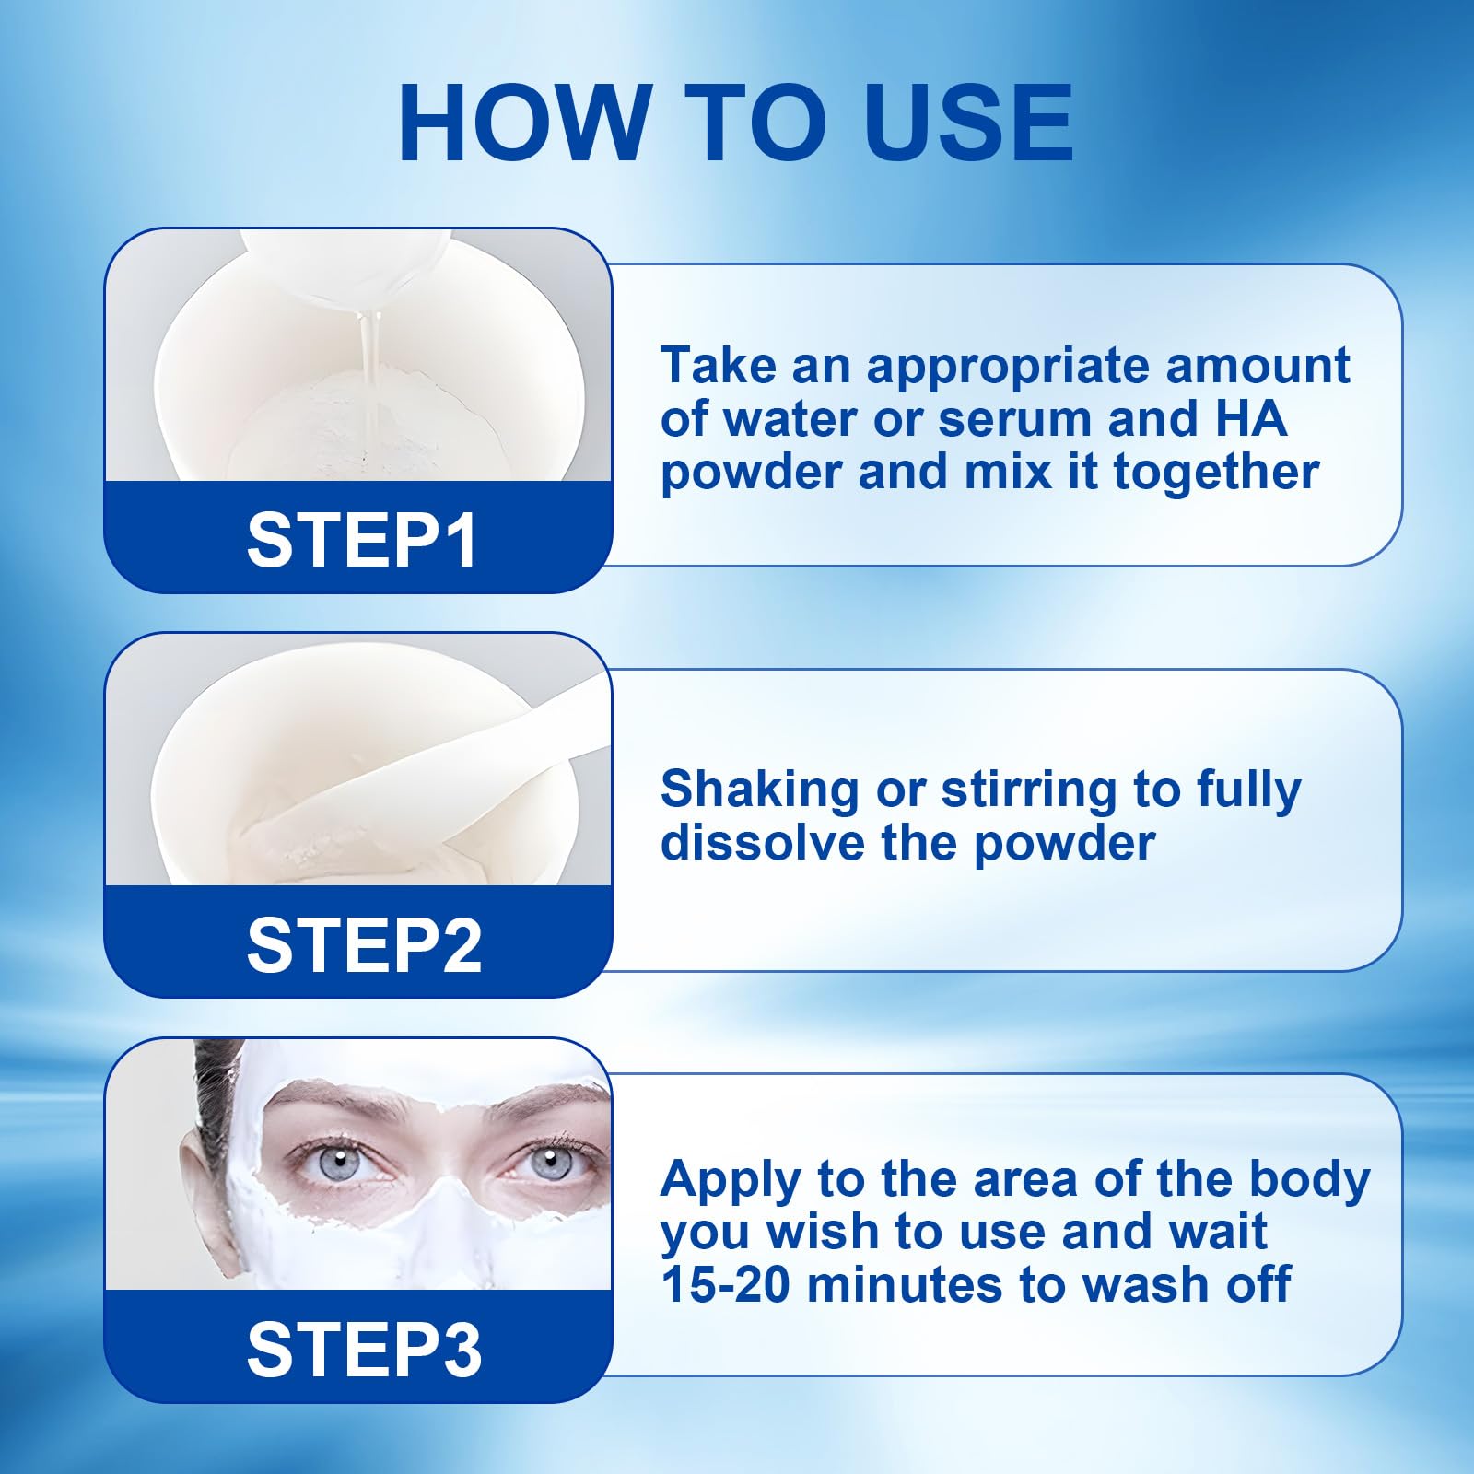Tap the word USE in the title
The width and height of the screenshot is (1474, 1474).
coord(969,123)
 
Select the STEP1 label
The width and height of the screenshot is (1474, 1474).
coord(361,540)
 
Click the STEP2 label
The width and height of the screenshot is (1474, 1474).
coord(364,945)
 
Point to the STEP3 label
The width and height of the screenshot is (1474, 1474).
coord(364,1351)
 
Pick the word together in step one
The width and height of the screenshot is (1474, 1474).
coord(1216,473)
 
